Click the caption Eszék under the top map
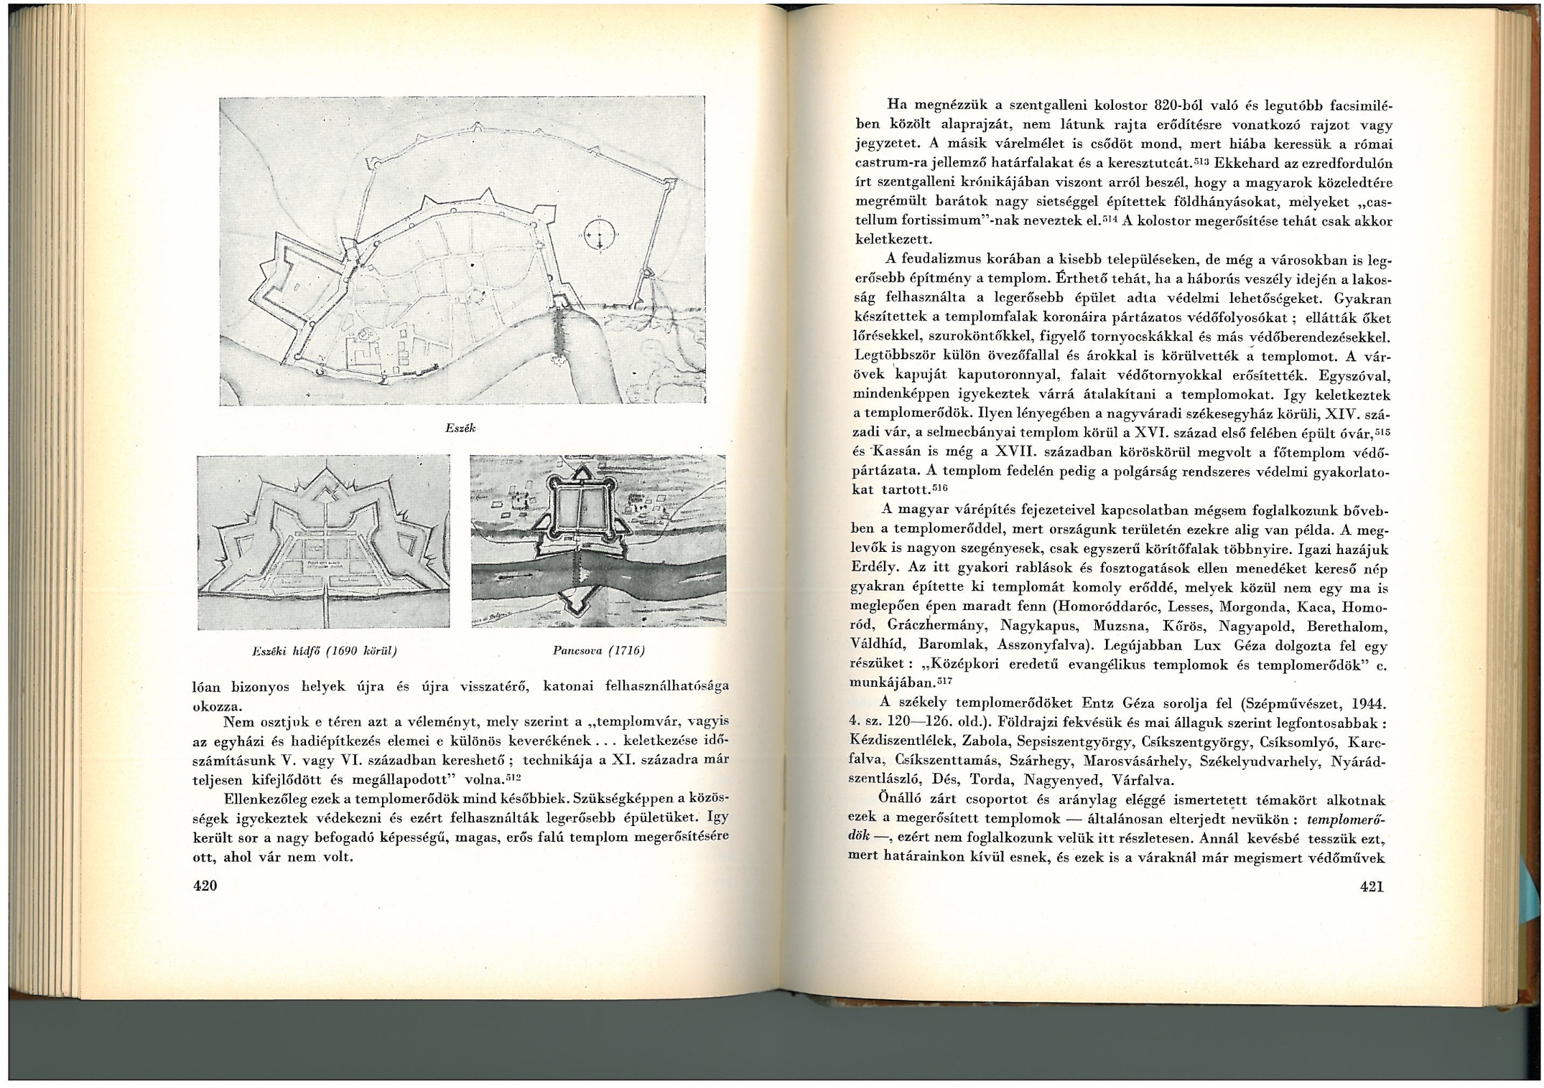pos(461,428)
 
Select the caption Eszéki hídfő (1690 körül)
pos(325,651)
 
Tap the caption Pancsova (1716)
pos(599,651)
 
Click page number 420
pos(205,886)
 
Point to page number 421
pos(1372,886)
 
